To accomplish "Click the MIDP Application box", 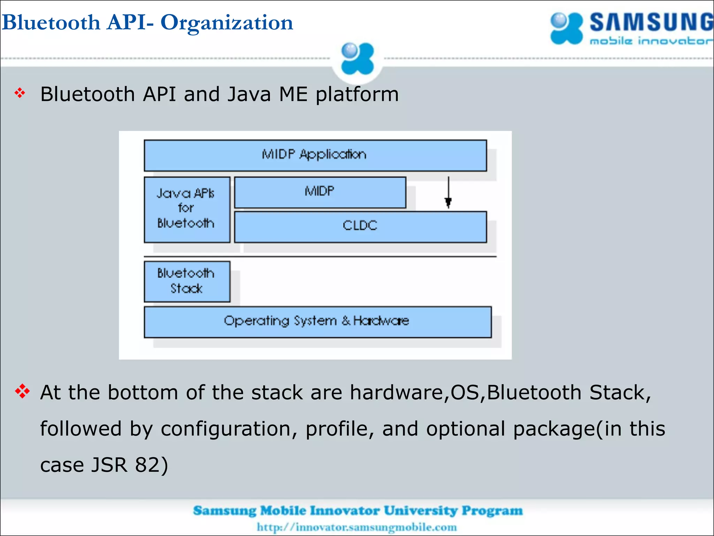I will (315, 155).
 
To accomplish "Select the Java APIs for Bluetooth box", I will (187, 209).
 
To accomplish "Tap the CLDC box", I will (360, 226).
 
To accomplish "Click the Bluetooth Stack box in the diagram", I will (187, 281).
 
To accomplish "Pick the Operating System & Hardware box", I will (317, 322).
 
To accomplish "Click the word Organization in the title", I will (227, 23).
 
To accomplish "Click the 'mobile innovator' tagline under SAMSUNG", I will (651, 41).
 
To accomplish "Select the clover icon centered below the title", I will (357, 59).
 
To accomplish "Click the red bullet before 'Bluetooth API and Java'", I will (20, 93).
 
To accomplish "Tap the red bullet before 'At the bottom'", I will (22, 391).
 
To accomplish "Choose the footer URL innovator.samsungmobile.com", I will (357, 527).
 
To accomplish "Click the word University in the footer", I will (420, 511).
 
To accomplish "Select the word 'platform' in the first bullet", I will (357, 95).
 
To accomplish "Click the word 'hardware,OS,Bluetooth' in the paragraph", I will (465, 393).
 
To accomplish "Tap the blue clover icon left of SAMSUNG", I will (566, 28).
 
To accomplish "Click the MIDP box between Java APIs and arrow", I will (320, 192).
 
